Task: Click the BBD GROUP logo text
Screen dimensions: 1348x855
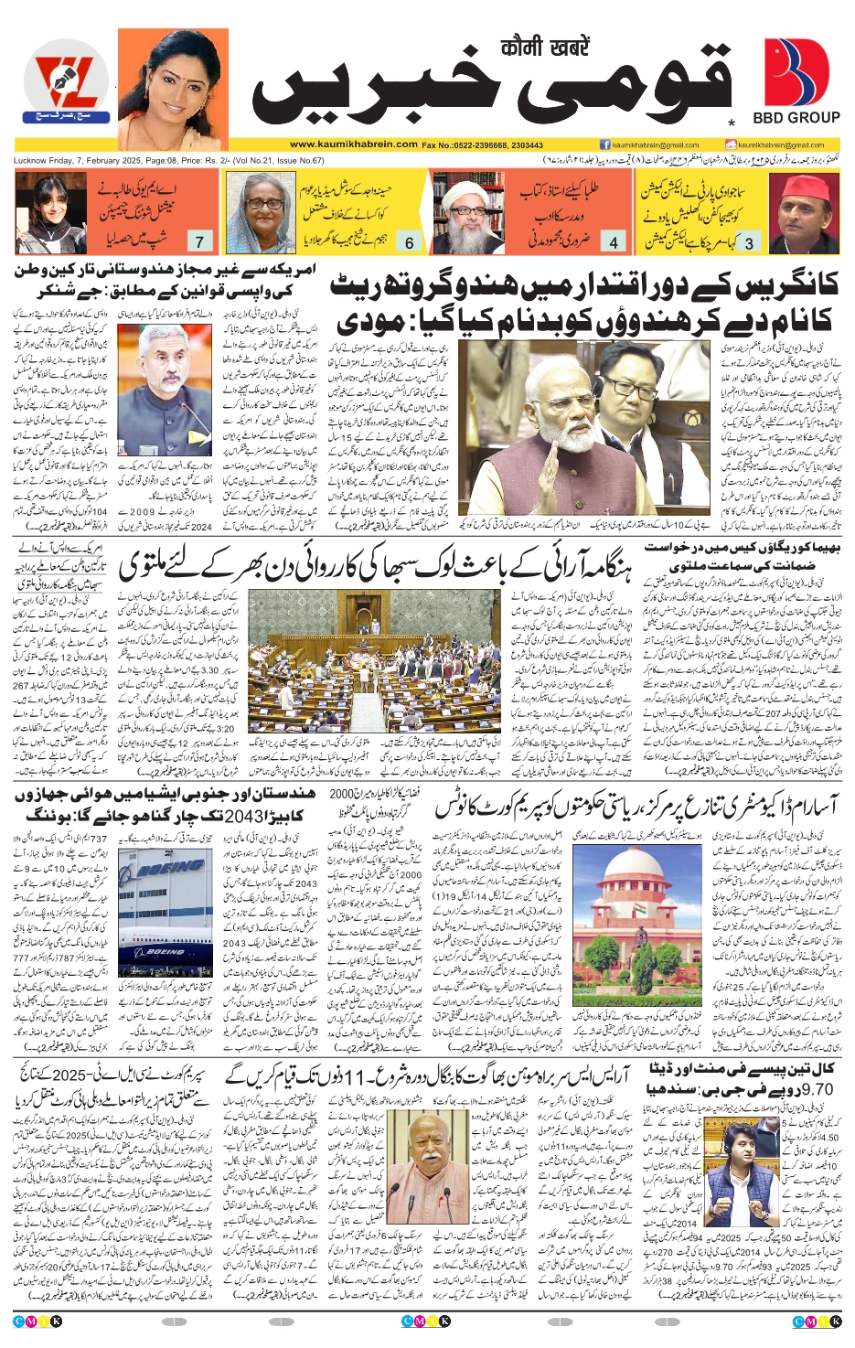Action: [x=796, y=117]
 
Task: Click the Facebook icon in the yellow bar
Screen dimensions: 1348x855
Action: [x=605, y=144]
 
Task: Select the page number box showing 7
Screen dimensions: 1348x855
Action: [x=199, y=241]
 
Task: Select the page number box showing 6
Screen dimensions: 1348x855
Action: [x=409, y=242]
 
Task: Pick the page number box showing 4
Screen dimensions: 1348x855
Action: [x=614, y=242]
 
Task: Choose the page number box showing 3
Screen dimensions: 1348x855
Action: [x=749, y=242]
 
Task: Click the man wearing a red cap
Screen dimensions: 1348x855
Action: [x=803, y=213]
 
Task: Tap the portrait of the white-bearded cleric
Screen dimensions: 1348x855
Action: [x=467, y=213]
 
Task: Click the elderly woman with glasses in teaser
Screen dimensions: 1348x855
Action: [x=261, y=213]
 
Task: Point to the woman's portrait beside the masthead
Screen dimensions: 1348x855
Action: [x=173, y=89]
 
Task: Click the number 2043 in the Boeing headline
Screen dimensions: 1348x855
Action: [x=249, y=813]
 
